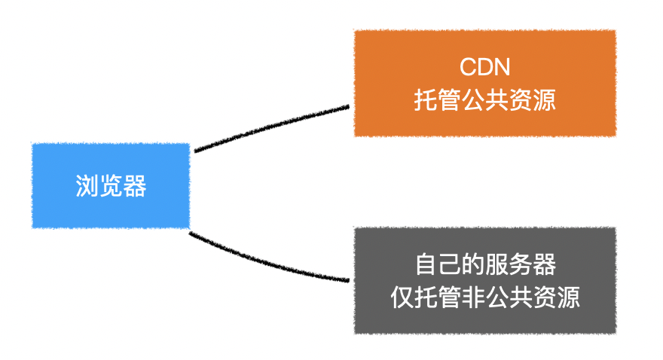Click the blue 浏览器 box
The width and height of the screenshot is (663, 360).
pyautogui.click(x=111, y=186)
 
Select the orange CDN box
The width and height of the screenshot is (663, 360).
pyautogui.click(x=485, y=84)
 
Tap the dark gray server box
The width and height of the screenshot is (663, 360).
pyautogui.click(x=485, y=281)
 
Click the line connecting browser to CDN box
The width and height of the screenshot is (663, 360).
pyautogui.click(x=271, y=126)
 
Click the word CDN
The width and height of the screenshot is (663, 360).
pyautogui.click(x=485, y=67)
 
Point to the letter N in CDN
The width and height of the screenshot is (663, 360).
pyautogui.click(x=503, y=67)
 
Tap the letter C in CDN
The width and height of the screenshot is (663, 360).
pyautogui.click(x=467, y=67)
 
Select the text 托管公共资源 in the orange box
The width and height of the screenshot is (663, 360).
pyautogui.click(x=485, y=100)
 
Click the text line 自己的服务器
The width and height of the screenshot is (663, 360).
pyautogui.click(x=485, y=264)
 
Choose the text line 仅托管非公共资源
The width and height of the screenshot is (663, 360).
pyautogui.click(x=485, y=297)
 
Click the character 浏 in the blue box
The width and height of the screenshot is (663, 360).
pyautogui.click(x=87, y=186)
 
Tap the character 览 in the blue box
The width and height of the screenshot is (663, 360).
pyautogui.click(x=111, y=186)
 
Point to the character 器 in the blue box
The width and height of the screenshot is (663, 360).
pyautogui.click(x=135, y=186)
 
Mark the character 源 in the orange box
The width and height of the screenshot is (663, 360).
pyautogui.click(x=545, y=100)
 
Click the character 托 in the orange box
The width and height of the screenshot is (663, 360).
pyautogui.click(x=426, y=100)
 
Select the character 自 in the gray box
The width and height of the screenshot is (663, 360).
pyautogui.click(x=426, y=264)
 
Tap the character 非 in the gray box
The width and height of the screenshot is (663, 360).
pyautogui.click(x=473, y=297)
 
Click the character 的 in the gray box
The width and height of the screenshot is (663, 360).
pyautogui.click(x=474, y=264)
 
